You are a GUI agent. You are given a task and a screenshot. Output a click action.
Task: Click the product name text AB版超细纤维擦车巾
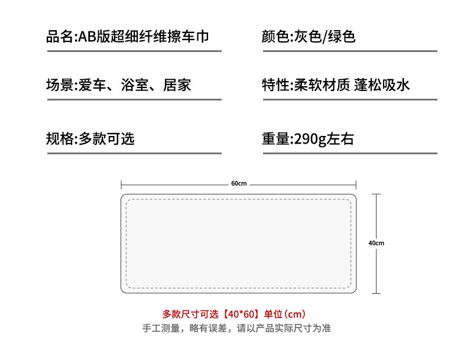pyautogui.click(x=144, y=37)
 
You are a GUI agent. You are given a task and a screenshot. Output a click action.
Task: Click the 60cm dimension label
pyautogui.click(x=239, y=184)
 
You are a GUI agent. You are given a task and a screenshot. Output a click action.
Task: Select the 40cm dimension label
pyautogui.click(x=377, y=243)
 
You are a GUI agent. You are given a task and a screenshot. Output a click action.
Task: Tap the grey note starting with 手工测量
pyautogui.click(x=236, y=328)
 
